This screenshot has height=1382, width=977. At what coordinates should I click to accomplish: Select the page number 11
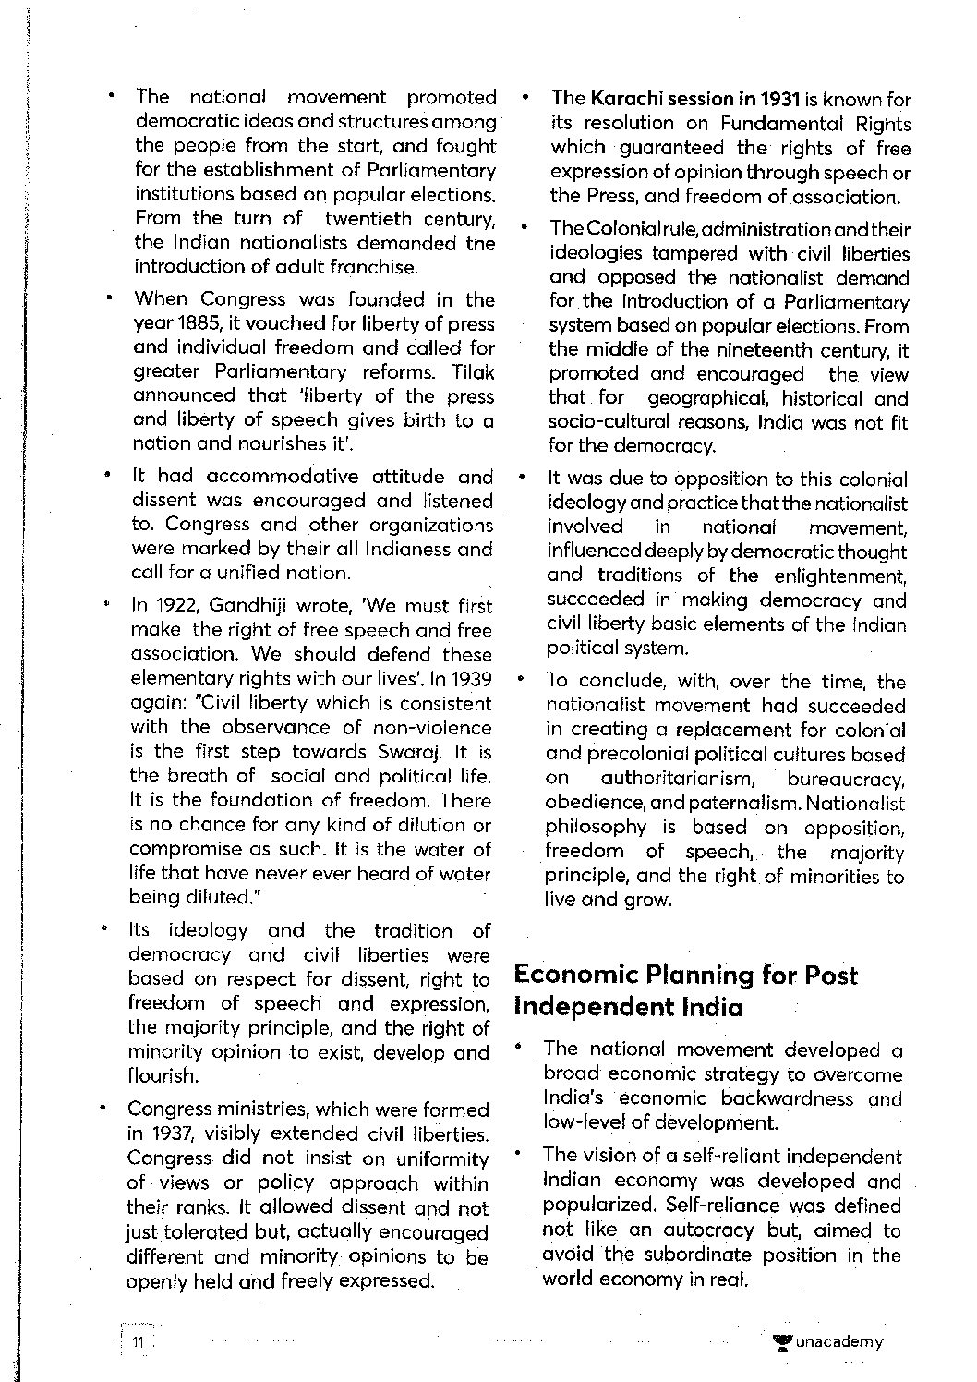pyautogui.click(x=138, y=1342)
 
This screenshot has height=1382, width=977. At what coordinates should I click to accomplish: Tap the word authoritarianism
pyautogui.click(x=679, y=779)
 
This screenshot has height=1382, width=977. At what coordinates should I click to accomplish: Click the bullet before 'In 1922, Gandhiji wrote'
pyautogui.click(x=107, y=606)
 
